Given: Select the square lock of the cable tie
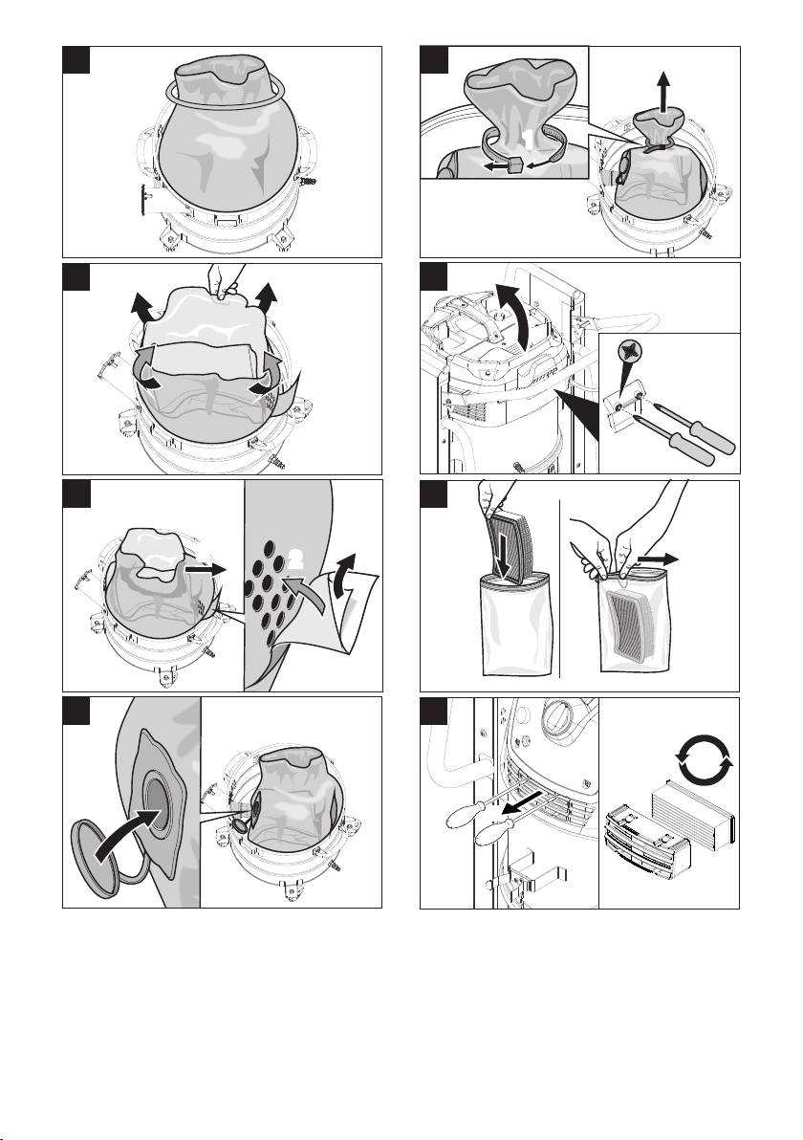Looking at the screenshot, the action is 513,166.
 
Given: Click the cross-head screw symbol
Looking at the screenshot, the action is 628,354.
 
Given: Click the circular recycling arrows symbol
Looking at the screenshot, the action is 705,757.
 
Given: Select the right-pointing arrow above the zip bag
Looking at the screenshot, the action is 658,559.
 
